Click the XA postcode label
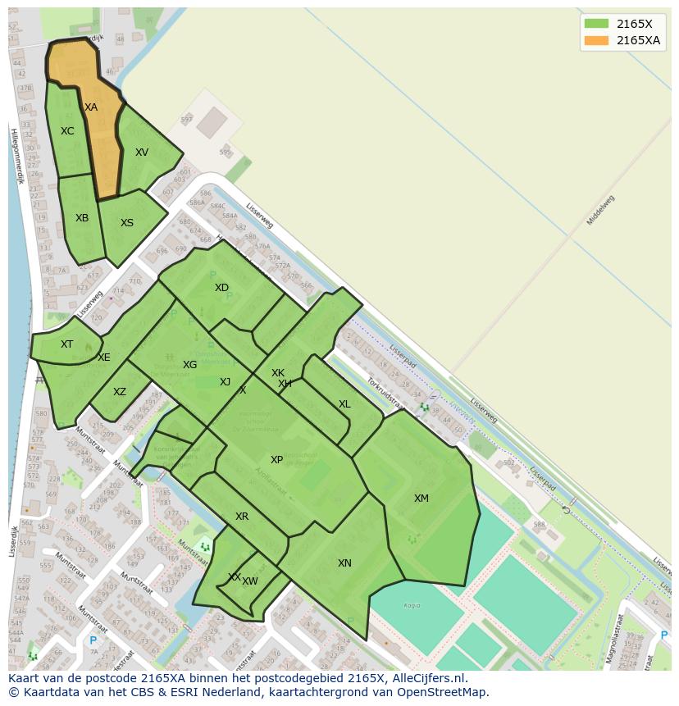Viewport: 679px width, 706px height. pos(90,107)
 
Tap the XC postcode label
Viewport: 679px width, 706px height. pos(67,131)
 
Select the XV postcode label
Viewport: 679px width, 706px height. pos(142,153)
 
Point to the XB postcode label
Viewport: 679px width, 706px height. pos(82,218)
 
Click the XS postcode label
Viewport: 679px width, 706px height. pos(127,223)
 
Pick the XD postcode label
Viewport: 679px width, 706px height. pos(221,288)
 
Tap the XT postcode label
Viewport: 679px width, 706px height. pos(66,344)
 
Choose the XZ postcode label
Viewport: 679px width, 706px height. pos(120,392)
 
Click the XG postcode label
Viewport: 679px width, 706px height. pos(189,365)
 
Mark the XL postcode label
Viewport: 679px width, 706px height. pos(344,404)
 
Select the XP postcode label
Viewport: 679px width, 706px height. pos(276,460)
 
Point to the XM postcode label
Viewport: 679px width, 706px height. pos(421,499)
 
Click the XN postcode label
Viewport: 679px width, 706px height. pos(344,563)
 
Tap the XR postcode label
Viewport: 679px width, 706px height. pos(242,517)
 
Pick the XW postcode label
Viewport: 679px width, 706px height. pos(250,581)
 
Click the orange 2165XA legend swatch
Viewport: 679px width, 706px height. pos(596,40)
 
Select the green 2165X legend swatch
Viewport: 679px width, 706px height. pos(596,24)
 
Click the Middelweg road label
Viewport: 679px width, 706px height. pos(600,210)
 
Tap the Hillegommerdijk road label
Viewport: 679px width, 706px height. pos(16,156)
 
